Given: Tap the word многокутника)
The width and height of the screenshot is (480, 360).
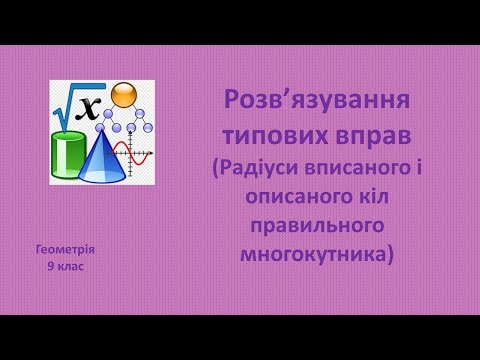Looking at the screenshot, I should click(x=311, y=253).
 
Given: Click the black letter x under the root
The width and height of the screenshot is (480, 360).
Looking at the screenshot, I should click(x=91, y=108).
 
